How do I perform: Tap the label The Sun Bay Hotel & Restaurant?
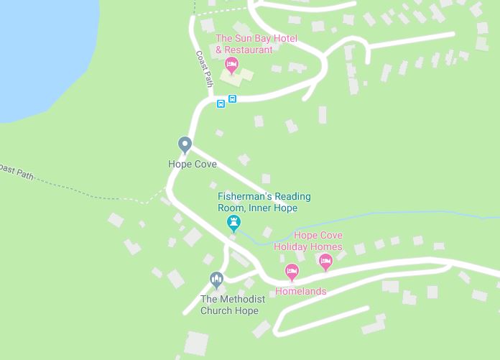pos(245,44)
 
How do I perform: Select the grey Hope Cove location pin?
pos(185,144)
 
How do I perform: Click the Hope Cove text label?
pos(193,165)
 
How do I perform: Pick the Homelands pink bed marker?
pos(292,272)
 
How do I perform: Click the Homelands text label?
pos(301,291)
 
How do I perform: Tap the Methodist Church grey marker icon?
pos(216,279)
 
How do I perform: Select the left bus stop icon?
pos(221,103)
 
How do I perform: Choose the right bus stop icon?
pos(233,99)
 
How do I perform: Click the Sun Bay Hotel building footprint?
pos(244,74)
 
